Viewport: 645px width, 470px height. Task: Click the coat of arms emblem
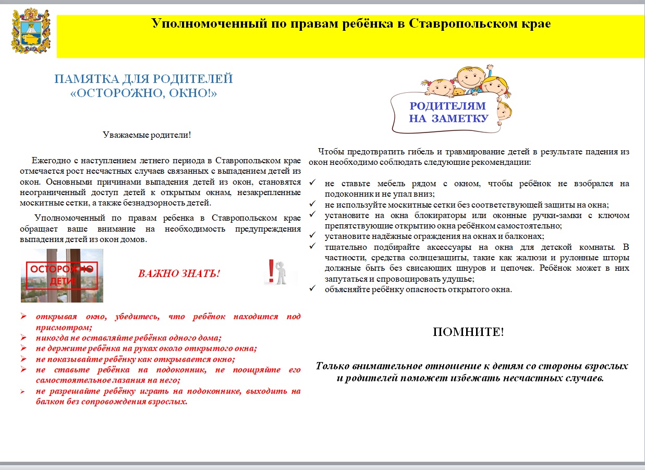pyautogui.click(x=32, y=31)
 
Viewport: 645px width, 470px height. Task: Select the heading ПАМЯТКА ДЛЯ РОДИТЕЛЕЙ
pyautogui.click(x=143, y=79)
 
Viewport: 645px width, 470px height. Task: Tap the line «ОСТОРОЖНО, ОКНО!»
pyautogui.click(x=143, y=93)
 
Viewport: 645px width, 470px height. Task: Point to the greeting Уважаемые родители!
pyautogui.click(x=147, y=135)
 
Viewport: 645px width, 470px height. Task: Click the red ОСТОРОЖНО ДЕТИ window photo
pyautogui.click(x=62, y=275)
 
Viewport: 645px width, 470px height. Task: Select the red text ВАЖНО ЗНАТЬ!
pyautogui.click(x=179, y=273)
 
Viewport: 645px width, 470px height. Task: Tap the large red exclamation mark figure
pyautogui.click(x=271, y=272)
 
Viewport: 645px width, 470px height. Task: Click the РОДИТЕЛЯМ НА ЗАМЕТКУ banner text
pyautogui.click(x=448, y=112)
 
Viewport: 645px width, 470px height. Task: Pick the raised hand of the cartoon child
pyautogui.click(x=490, y=68)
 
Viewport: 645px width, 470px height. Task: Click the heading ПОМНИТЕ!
pyautogui.click(x=468, y=332)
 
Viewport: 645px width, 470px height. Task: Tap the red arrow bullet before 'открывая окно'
pyautogui.click(x=24, y=317)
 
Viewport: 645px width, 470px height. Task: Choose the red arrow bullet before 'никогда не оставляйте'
pyautogui.click(x=24, y=338)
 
